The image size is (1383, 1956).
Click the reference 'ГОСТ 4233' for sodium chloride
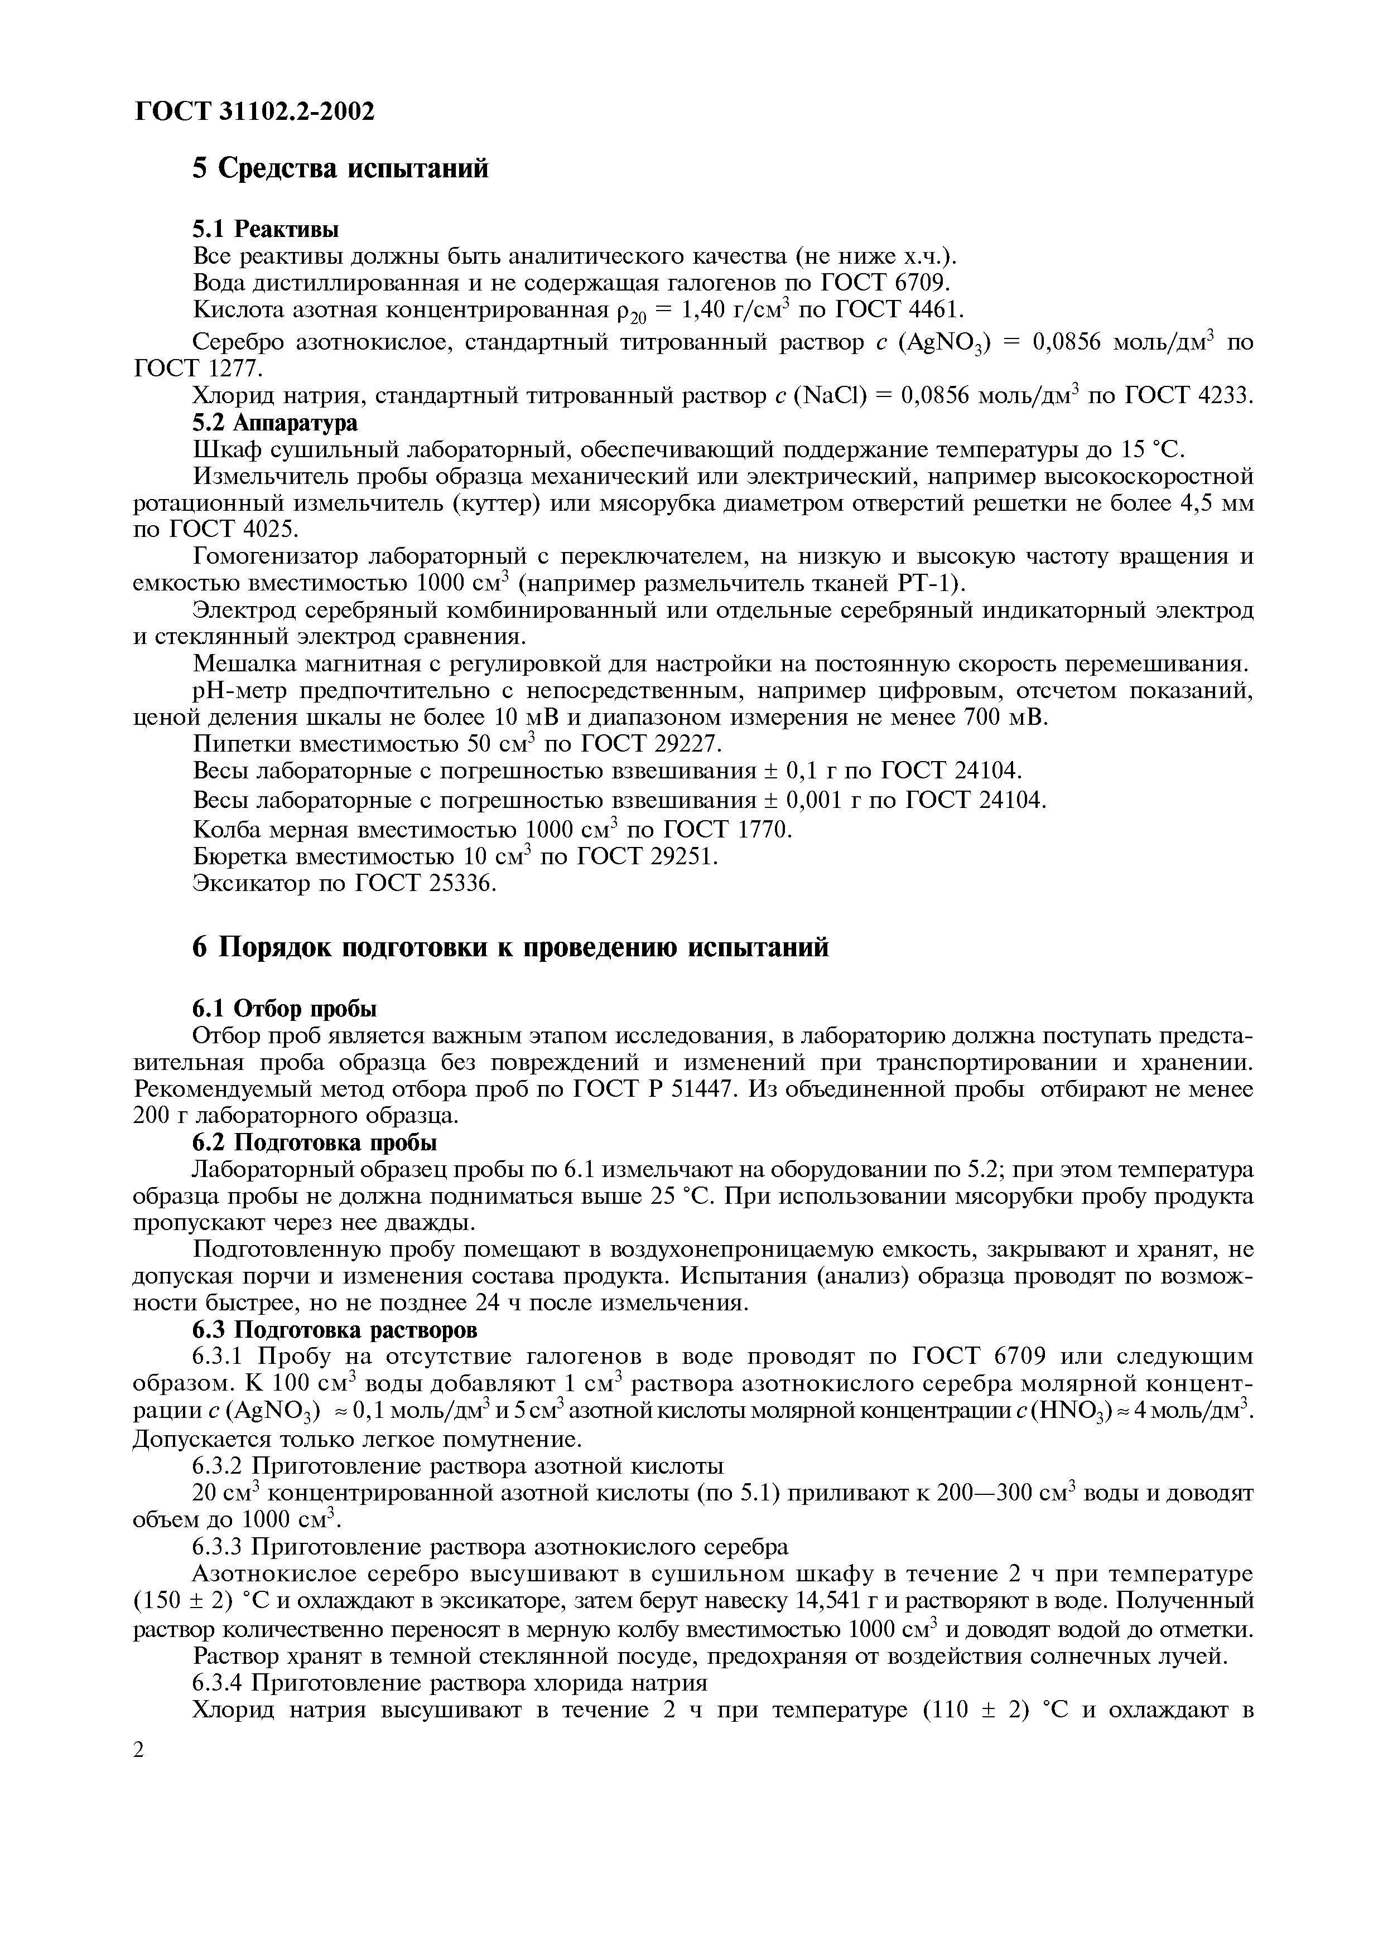1189,395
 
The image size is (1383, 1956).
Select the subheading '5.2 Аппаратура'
274,423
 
